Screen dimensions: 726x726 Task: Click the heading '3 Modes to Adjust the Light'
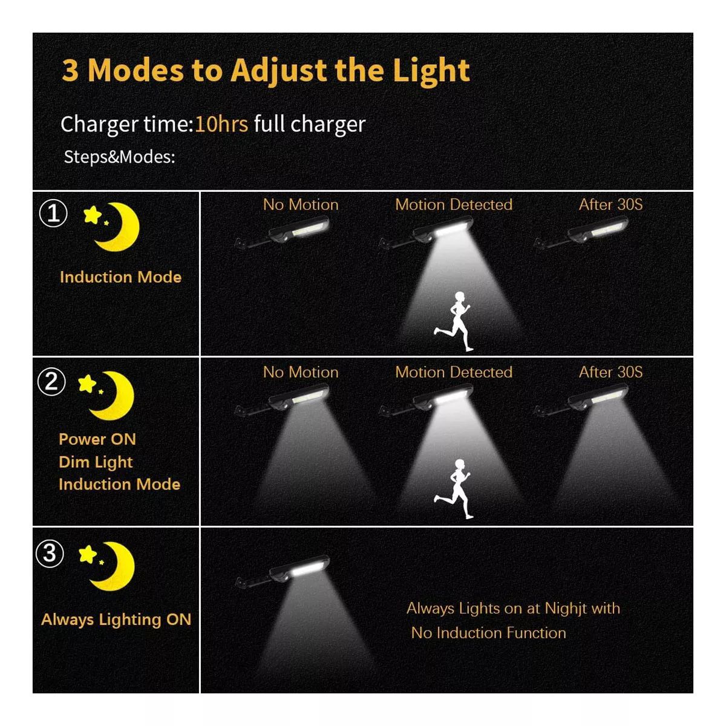point(266,71)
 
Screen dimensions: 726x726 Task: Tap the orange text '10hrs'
point(221,124)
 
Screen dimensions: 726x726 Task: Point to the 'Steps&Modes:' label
point(119,157)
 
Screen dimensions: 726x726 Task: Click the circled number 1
point(53,213)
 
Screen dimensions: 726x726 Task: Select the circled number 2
point(51,381)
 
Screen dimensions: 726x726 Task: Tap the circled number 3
point(50,554)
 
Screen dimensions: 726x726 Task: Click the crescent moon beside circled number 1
point(119,227)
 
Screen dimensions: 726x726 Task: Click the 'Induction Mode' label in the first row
point(120,277)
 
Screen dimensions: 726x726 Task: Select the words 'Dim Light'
point(96,462)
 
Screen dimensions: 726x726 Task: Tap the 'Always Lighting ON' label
point(116,620)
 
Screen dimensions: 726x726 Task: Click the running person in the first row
point(453,321)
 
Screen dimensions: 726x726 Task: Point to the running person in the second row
point(453,489)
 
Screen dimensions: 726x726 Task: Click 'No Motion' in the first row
point(301,204)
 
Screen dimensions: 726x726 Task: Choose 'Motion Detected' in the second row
point(454,372)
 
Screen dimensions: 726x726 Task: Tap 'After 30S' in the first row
point(610,204)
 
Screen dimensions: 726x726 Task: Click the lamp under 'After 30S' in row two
point(581,400)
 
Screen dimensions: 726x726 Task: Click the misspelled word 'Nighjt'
point(568,609)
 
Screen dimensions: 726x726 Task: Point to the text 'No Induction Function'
point(489,633)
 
